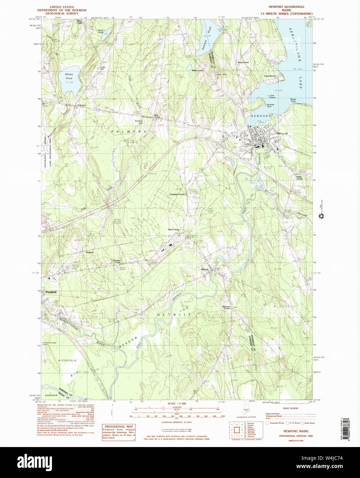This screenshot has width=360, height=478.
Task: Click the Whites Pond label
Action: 69,76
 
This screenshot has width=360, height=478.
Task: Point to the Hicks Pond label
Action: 100,31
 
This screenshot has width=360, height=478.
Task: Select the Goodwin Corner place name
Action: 178,194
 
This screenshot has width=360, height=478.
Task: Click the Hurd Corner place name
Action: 173,229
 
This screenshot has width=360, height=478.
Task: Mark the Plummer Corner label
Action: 226,307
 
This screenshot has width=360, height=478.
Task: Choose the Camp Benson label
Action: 270,76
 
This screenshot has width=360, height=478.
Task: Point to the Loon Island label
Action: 272,97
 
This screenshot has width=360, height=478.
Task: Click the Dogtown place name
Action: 90,252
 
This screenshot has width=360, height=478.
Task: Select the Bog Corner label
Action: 157,116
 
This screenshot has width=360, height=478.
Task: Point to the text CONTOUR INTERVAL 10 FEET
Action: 177,422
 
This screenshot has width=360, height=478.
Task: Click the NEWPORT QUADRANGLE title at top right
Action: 286,7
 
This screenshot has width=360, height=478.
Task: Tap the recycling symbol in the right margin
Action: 321,216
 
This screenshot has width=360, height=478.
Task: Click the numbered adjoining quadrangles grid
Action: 237,430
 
